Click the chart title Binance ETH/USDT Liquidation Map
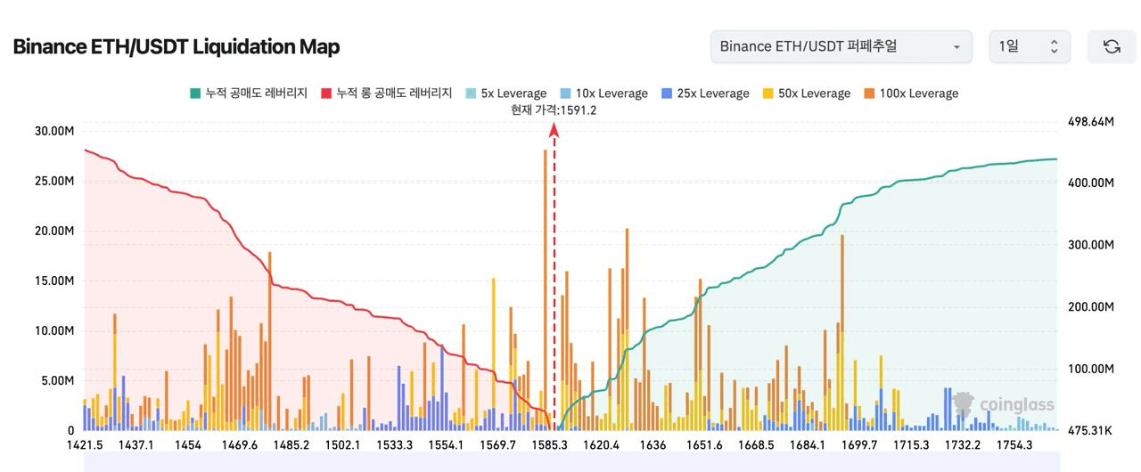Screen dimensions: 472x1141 176,46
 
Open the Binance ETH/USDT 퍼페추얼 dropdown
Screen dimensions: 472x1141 841,46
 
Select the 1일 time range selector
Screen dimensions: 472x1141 1029,46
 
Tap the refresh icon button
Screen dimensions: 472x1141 1112,46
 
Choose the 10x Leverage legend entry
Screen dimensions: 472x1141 603,94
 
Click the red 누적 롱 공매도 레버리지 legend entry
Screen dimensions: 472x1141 386,94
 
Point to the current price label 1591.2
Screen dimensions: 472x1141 554,110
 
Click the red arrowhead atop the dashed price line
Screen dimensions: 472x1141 554,130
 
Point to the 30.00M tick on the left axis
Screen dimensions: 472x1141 53,131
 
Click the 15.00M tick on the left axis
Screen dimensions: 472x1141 53,281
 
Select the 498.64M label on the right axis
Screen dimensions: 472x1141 1090,121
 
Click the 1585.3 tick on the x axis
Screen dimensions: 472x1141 549,445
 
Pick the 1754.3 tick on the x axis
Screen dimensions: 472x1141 1014,445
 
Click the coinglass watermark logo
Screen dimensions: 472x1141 1005,404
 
